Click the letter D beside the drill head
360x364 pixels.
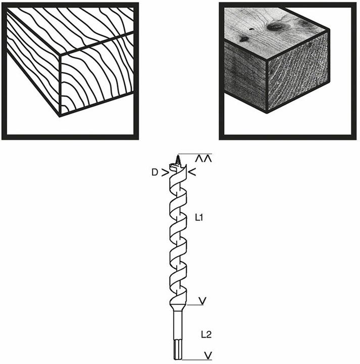click(155, 172)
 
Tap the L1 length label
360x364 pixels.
click(199, 218)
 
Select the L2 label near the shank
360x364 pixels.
click(206, 335)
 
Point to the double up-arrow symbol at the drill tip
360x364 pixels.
click(203, 159)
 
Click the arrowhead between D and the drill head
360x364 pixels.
click(165, 173)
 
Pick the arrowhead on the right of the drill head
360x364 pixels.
click(192, 172)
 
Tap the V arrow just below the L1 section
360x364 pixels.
click(202, 301)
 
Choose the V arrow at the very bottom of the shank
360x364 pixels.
click(208, 355)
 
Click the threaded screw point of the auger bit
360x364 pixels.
click(178, 159)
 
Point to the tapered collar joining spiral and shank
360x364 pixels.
click(178, 307)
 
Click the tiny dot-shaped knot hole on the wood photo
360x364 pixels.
click(251, 29)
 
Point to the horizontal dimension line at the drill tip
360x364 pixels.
click(195, 154)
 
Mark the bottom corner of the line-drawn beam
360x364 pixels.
click(60, 116)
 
